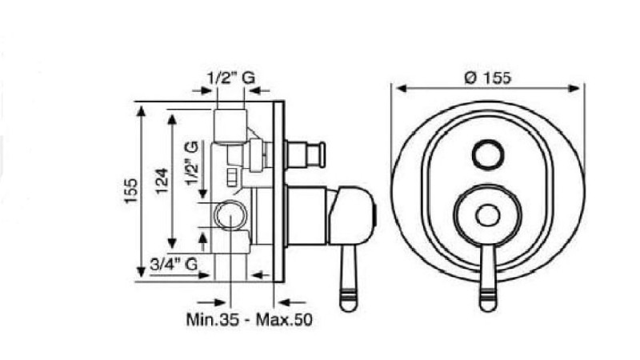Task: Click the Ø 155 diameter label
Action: pyautogui.click(x=487, y=78)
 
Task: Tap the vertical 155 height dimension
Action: pyautogui.click(x=131, y=190)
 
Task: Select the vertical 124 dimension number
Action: pyautogui.click(x=162, y=181)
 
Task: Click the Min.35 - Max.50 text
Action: pyautogui.click(x=249, y=319)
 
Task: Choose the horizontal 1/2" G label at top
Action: pyautogui.click(x=231, y=78)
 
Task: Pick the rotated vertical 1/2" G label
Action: pyautogui.click(x=192, y=163)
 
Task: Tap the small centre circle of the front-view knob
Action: pyautogui.click(x=488, y=215)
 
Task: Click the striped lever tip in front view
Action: pyautogui.click(x=488, y=300)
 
